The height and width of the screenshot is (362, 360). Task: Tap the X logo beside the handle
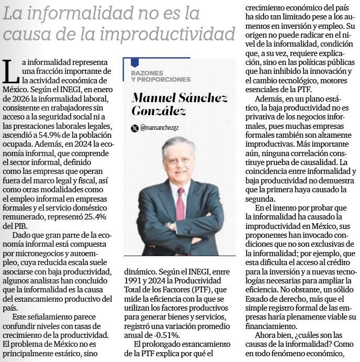135,128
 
